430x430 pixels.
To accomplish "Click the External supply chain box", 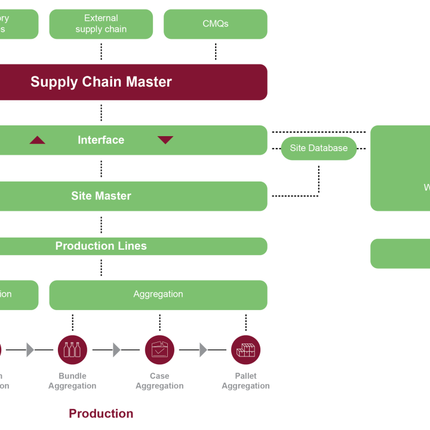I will (x=101, y=24).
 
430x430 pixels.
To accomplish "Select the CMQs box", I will (x=215, y=24).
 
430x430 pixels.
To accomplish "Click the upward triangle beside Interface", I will (x=38, y=140).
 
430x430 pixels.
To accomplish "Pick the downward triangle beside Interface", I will (x=165, y=140).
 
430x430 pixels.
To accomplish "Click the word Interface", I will (x=101, y=140).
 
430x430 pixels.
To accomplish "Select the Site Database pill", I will (x=319, y=148).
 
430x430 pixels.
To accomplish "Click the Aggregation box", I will (x=158, y=294).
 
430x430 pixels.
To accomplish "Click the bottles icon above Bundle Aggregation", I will (x=72, y=350).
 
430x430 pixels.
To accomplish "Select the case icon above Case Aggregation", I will (x=159, y=350).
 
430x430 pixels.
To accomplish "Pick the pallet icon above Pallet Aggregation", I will (x=245, y=350).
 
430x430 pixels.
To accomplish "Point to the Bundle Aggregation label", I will (x=72, y=381).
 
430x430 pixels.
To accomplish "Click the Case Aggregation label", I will (x=159, y=381).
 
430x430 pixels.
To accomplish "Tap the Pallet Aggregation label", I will (x=245, y=381).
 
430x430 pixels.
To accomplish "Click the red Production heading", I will (x=101, y=413).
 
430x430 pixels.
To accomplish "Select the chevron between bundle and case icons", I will (x=116, y=350).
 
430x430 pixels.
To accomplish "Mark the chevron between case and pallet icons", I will (x=203, y=350).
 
